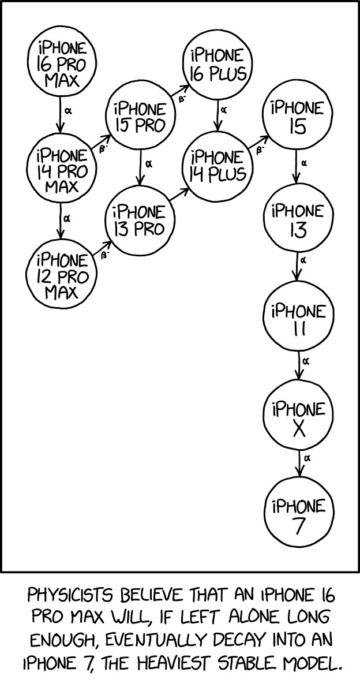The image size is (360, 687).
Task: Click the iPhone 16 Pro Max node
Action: click(61, 64)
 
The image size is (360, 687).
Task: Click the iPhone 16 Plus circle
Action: click(217, 65)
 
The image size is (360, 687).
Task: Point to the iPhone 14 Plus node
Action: click(217, 165)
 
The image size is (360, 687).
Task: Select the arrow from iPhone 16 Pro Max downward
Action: click(60, 115)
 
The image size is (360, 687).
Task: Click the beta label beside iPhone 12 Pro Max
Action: click(104, 255)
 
